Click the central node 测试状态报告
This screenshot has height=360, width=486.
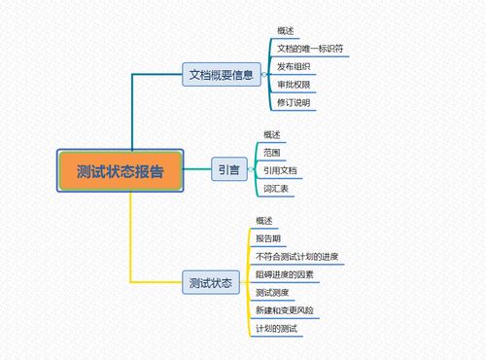click(x=121, y=171)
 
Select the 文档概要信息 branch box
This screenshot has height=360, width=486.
click(x=222, y=74)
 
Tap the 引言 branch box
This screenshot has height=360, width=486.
click(x=228, y=170)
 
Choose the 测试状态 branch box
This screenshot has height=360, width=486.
click(x=210, y=283)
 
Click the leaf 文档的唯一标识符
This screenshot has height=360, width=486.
click(x=309, y=48)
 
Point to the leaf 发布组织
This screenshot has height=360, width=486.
click(x=294, y=66)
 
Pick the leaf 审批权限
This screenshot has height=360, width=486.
click(x=294, y=84)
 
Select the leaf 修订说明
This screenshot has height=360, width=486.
click(x=294, y=102)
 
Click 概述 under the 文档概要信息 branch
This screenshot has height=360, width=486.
click(x=286, y=30)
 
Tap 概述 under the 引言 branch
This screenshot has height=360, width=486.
click(x=272, y=134)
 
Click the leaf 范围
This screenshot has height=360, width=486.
click(x=272, y=153)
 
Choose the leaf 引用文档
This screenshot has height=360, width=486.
click(x=280, y=171)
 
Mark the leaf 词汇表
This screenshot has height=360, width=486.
click(x=276, y=189)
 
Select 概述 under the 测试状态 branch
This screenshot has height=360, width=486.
click(x=264, y=221)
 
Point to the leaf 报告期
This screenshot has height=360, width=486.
click(x=268, y=238)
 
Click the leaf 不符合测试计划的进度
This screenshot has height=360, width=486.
click(x=295, y=257)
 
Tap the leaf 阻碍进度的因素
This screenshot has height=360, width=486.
click(x=286, y=274)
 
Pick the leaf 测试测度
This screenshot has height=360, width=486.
click(x=272, y=293)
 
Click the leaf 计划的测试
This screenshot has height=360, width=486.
click(x=276, y=329)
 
